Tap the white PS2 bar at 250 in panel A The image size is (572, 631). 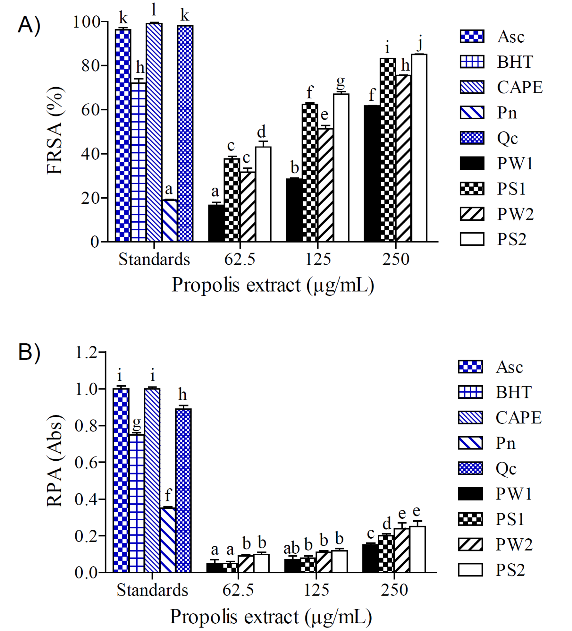[x=419, y=148]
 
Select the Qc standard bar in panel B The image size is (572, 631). [x=183, y=490]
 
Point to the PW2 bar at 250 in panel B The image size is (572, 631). [x=402, y=550]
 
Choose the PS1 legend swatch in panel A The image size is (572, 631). [x=472, y=189]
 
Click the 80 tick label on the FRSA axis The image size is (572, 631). [x=90, y=66]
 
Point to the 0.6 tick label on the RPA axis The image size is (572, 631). [x=86, y=463]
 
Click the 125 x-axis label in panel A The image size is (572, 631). [x=318, y=259]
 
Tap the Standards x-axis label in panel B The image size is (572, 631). [x=152, y=590]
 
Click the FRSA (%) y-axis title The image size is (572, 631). [x=55, y=131]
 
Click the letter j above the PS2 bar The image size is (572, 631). [x=420, y=43]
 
